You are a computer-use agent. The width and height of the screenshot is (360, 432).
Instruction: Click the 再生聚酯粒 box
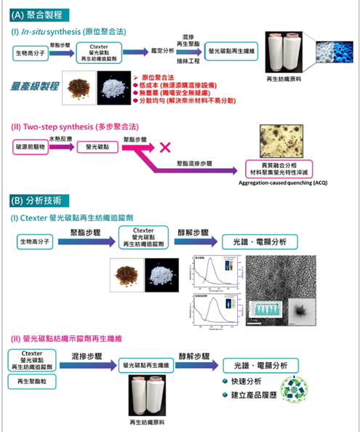[31, 380]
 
